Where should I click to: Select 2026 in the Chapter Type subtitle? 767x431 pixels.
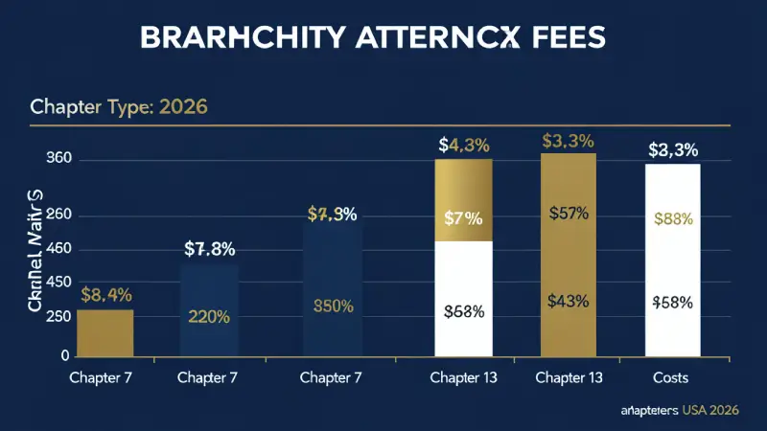pyautogui.click(x=181, y=106)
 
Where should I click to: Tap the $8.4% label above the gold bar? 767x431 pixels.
pyautogui.click(x=105, y=294)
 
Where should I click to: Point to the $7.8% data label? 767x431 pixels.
pyautogui.click(x=210, y=250)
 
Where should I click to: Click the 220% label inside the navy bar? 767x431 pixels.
pyautogui.click(x=209, y=317)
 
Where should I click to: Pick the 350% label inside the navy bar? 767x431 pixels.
pyautogui.click(x=334, y=306)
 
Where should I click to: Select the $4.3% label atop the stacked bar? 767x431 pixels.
pyautogui.click(x=464, y=146)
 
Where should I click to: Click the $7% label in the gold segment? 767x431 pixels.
pyautogui.click(x=464, y=217)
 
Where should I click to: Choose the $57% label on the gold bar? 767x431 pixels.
pyautogui.click(x=569, y=213)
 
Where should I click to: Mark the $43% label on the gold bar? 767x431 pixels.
pyautogui.click(x=569, y=301)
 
